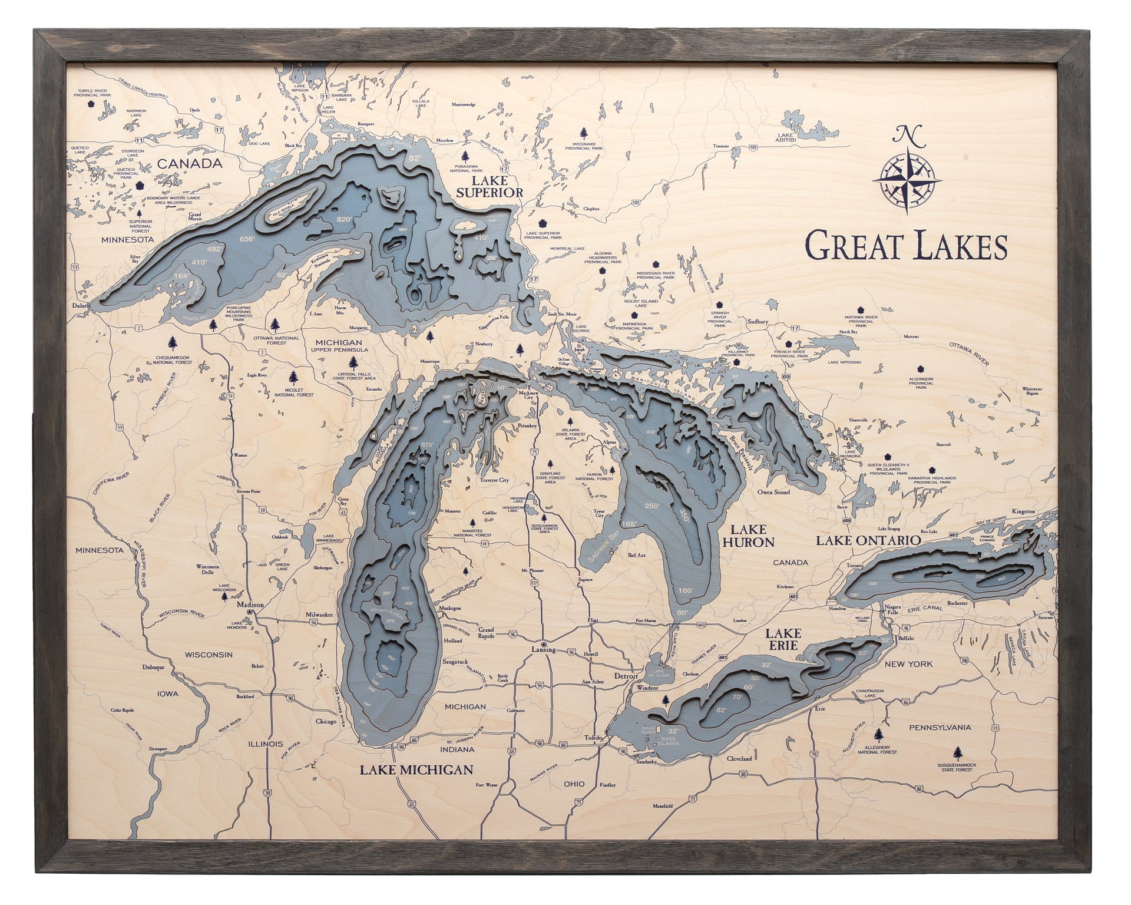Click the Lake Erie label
pos(783,639)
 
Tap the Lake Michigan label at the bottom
pos(416,769)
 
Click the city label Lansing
pos(543,650)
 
